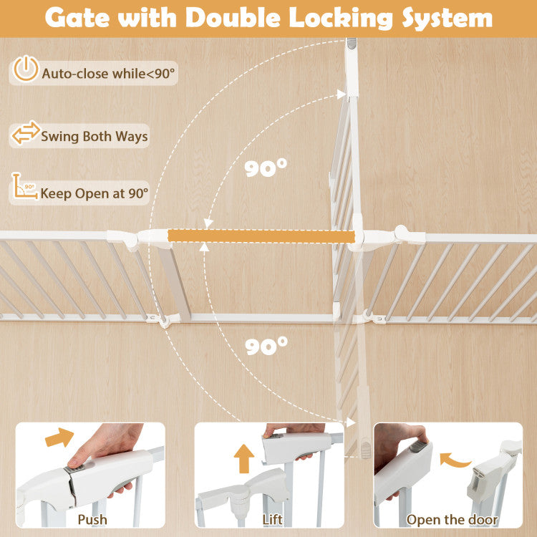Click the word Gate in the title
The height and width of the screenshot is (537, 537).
(77, 17)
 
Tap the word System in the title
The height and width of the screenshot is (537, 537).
(447, 18)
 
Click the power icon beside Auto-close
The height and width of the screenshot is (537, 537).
(26, 69)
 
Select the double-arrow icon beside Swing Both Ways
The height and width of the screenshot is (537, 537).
(26, 132)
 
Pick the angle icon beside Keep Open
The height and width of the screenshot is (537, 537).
(24, 186)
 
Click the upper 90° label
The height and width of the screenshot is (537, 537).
(266, 168)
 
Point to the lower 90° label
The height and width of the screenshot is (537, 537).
(266, 346)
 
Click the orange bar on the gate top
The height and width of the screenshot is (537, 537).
(261, 236)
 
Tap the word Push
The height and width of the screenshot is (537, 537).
(92, 520)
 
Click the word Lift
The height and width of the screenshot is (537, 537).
(272, 520)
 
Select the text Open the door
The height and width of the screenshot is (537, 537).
(452, 520)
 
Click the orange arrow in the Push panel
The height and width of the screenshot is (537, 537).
(59, 437)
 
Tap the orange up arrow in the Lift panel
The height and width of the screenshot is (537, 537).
(244, 459)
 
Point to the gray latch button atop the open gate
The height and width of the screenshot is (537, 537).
(352, 44)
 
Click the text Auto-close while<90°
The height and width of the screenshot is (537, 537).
(108, 74)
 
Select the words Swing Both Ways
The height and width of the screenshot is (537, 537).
(95, 136)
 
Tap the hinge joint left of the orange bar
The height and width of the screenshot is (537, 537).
(130, 238)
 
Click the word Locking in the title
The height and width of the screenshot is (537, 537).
(341, 18)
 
